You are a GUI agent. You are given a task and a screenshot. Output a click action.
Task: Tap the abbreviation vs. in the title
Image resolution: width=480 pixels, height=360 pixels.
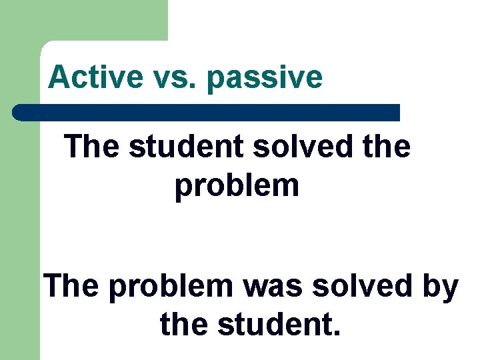point(170,77)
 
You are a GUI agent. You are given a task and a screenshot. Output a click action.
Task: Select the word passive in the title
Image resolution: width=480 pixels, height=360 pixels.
point(265,79)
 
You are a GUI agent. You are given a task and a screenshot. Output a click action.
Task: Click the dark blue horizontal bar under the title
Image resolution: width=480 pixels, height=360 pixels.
point(207,113)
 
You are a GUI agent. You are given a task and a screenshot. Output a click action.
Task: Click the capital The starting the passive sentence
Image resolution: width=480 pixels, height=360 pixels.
point(71,287)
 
